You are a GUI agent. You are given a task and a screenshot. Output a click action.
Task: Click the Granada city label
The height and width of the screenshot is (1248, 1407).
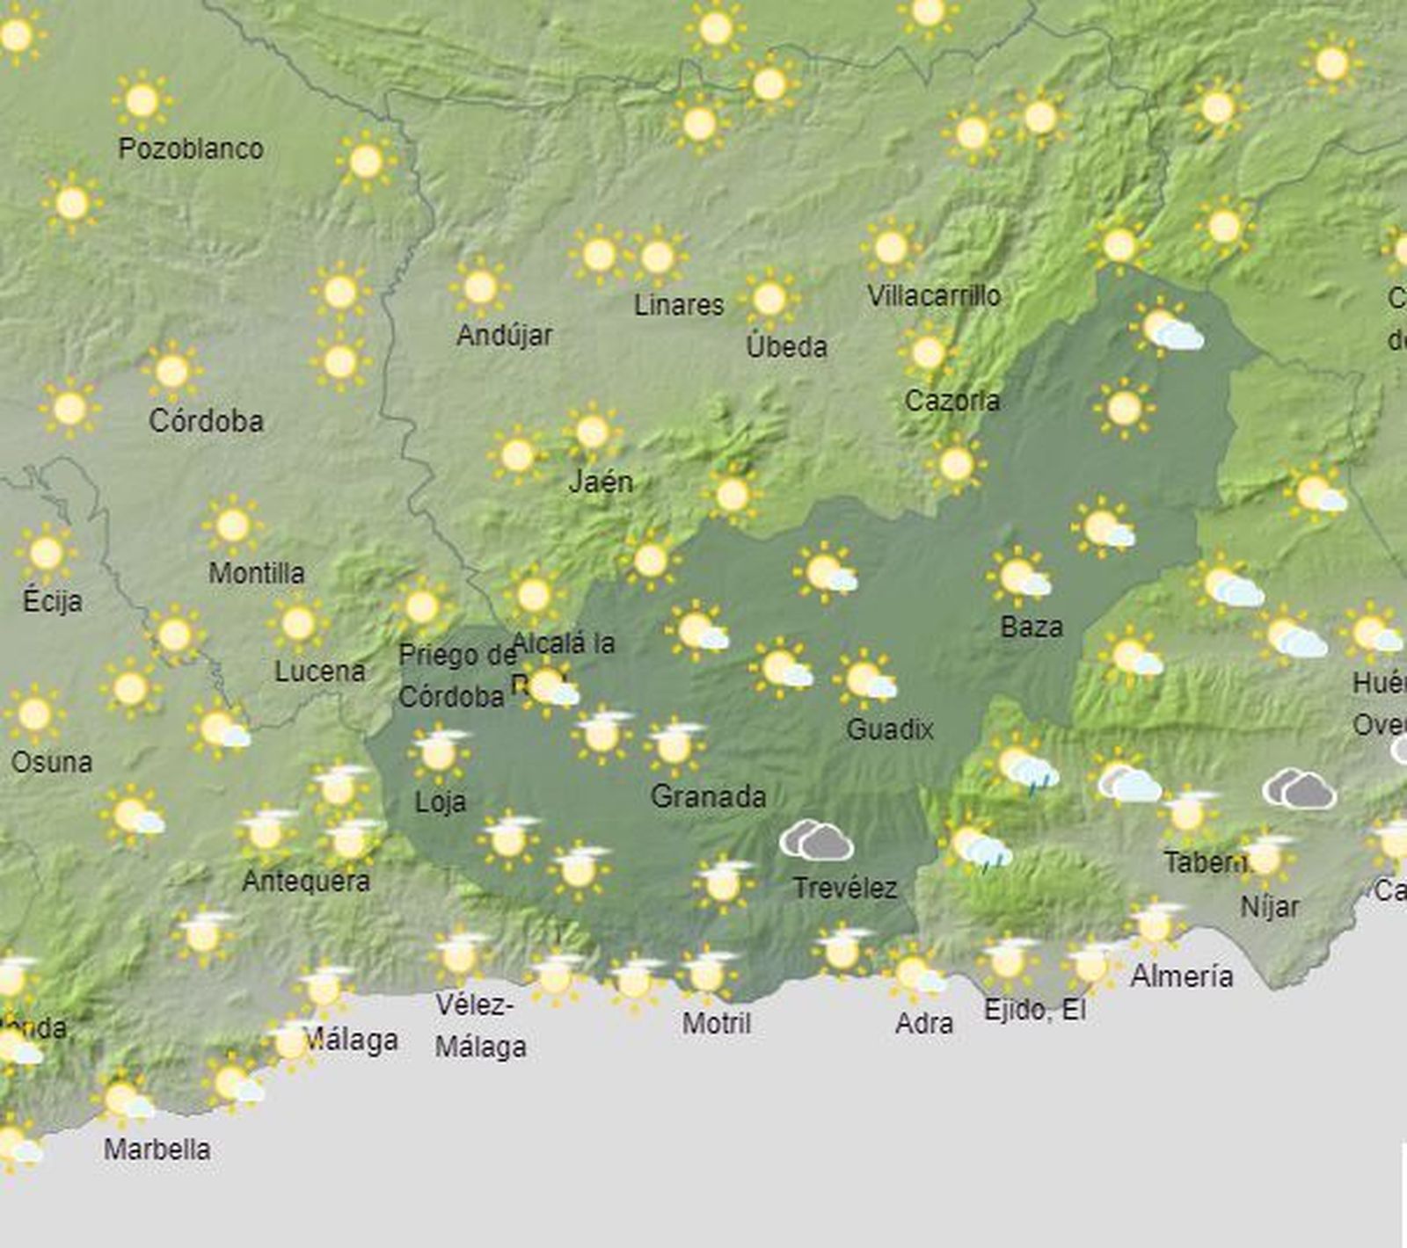tap(708, 797)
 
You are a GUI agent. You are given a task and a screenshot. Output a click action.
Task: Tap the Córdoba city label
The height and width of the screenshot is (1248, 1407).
tap(206, 421)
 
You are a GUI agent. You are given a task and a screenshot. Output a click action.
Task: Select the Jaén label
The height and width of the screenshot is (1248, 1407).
tap(601, 482)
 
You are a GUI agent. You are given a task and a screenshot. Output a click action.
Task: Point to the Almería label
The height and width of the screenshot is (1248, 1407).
tap(1181, 976)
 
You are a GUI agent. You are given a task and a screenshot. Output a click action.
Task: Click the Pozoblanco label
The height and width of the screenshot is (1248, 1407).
tap(191, 149)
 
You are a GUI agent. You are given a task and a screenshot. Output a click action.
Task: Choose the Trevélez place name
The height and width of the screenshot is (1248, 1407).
tap(844, 889)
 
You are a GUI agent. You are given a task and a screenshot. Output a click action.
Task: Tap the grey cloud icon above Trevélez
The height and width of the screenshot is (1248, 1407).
tap(817, 840)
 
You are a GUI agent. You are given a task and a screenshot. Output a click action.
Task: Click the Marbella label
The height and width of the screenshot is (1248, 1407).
tap(157, 1150)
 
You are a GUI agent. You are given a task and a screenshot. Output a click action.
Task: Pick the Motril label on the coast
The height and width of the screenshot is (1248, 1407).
tap(717, 1024)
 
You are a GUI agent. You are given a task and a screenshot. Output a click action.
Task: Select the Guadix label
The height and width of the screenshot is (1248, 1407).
tap(889, 729)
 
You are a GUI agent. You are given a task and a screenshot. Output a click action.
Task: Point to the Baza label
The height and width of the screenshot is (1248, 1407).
tap(1032, 628)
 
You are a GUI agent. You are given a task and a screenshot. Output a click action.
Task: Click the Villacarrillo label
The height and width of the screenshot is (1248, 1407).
tap(933, 296)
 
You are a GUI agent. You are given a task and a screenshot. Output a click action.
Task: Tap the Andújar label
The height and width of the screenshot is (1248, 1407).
tap(504, 335)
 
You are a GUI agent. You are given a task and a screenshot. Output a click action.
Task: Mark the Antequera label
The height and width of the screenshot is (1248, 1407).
tap(306, 881)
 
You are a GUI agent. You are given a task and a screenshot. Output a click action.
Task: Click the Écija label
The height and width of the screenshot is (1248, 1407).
tap(53, 602)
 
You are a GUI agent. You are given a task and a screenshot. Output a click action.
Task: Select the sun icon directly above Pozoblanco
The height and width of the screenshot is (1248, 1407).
tap(142, 101)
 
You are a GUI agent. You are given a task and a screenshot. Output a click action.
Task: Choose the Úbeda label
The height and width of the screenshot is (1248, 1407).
tap(786, 347)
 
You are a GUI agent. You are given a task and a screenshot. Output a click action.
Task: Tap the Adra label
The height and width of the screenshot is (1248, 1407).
tap(923, 1024)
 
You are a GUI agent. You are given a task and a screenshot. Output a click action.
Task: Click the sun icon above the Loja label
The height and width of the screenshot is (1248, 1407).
tap(439, 751)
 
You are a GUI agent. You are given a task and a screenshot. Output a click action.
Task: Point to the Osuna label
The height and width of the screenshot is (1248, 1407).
tap(51, 762)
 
